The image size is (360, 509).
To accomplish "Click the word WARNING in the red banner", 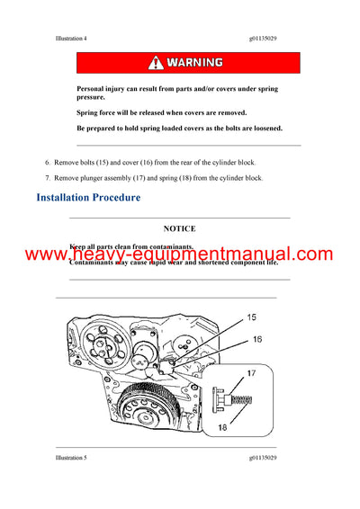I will (189, 63).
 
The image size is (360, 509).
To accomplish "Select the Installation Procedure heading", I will (88, 198).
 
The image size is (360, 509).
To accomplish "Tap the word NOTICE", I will (180, 229).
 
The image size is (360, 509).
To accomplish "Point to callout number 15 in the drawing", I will (251, 317).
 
